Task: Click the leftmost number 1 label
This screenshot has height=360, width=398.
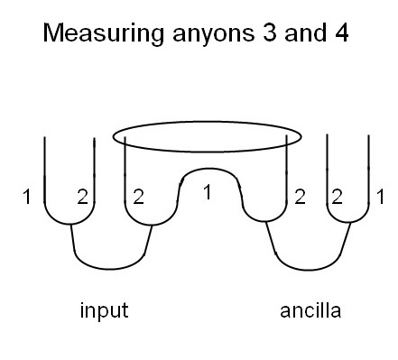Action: click(x=31, y=196)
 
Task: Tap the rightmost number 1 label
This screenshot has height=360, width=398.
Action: click(x=381, y=196)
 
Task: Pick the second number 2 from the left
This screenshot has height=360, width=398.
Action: click(x=138, y=196)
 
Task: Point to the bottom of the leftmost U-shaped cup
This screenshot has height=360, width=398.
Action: click(x=70, y=223)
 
